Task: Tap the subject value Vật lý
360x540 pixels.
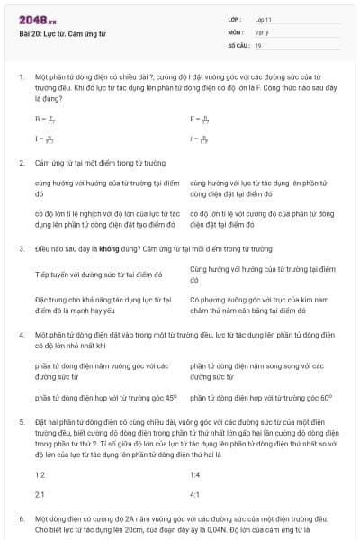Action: coord(262,31)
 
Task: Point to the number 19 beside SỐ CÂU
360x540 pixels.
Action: coord(258,45)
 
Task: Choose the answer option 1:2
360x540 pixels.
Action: coord(40,473)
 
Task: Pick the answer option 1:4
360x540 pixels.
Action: coord(195,473)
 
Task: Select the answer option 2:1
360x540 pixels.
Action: coord(40,495)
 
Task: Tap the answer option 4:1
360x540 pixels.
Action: coord(195,495)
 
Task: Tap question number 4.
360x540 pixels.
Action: coord(20,334)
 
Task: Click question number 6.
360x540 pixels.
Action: coord(20,519)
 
